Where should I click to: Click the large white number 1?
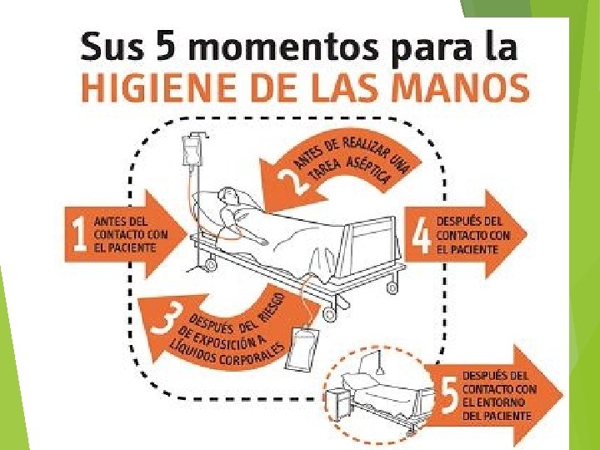[80, 234]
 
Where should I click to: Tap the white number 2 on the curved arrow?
[292, 181]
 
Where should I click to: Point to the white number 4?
[422, 235]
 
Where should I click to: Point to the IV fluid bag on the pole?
[192, 152]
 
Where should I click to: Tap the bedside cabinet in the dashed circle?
[337, 404]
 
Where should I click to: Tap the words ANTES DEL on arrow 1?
[121, 222]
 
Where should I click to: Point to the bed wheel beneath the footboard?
[392, 287]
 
